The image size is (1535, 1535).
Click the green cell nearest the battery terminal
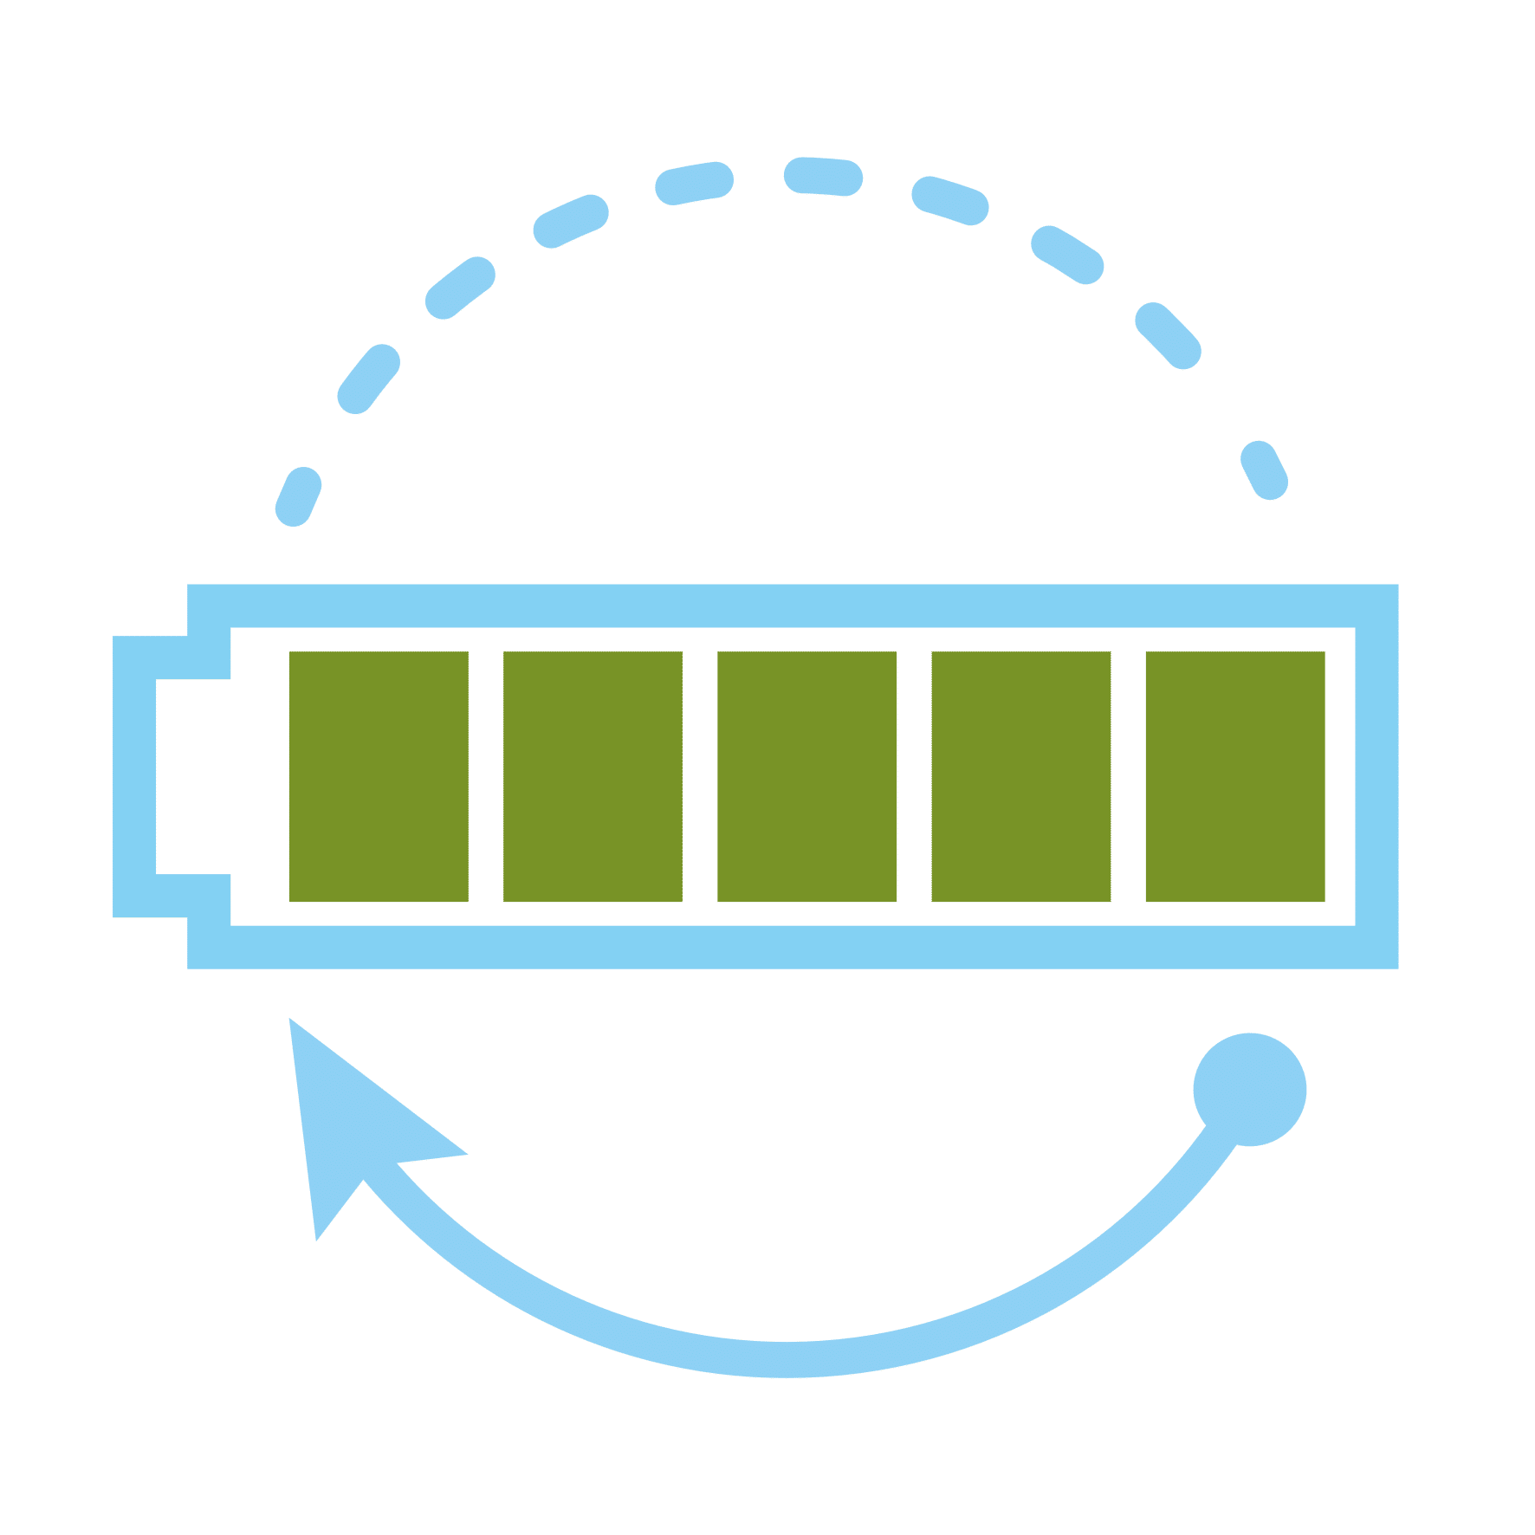pyautogui.click(x=379, y=777)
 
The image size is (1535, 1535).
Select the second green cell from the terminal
pyautogui.click(x=593, y=777)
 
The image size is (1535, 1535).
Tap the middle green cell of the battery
pyautogui.click(x=807, y=777)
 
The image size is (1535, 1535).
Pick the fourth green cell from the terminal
pyautogui.click(x=1021, y=777)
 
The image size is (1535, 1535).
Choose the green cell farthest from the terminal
pyautogui.click(x=1235, y=777)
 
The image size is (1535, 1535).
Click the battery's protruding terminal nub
pyautogui.click(x=135, y=777)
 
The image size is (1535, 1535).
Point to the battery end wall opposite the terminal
pyautogui.click(x=1376, y=777)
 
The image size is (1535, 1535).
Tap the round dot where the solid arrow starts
pyautogui.click(x=1249, y=1089)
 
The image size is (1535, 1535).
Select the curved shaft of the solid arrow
pyautogui.click(x=780, y=1358)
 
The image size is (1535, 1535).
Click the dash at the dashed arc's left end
pyautogui.click(x=298, y=496)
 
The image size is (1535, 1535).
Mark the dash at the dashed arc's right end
pyautogui.click(x=1265, y=470)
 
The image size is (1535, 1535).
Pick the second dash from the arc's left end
pyautogui.click(x=368, y=379)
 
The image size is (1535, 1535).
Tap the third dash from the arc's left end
pyautogui.click(x=460, y=288)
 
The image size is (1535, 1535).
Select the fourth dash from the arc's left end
pyautogui.click(x=570, y=221)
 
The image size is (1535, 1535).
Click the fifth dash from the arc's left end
pyautogui.click(x=694, y=183)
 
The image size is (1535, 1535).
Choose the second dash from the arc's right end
pyautogui.click(x=1168, y=335)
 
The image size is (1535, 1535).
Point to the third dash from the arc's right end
pyautogui.click(x=1067, y=254)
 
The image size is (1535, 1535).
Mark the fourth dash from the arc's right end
pyautogui.click(x=950, y=200)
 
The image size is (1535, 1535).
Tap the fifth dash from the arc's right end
pyautogui.click(x=823, y=177)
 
